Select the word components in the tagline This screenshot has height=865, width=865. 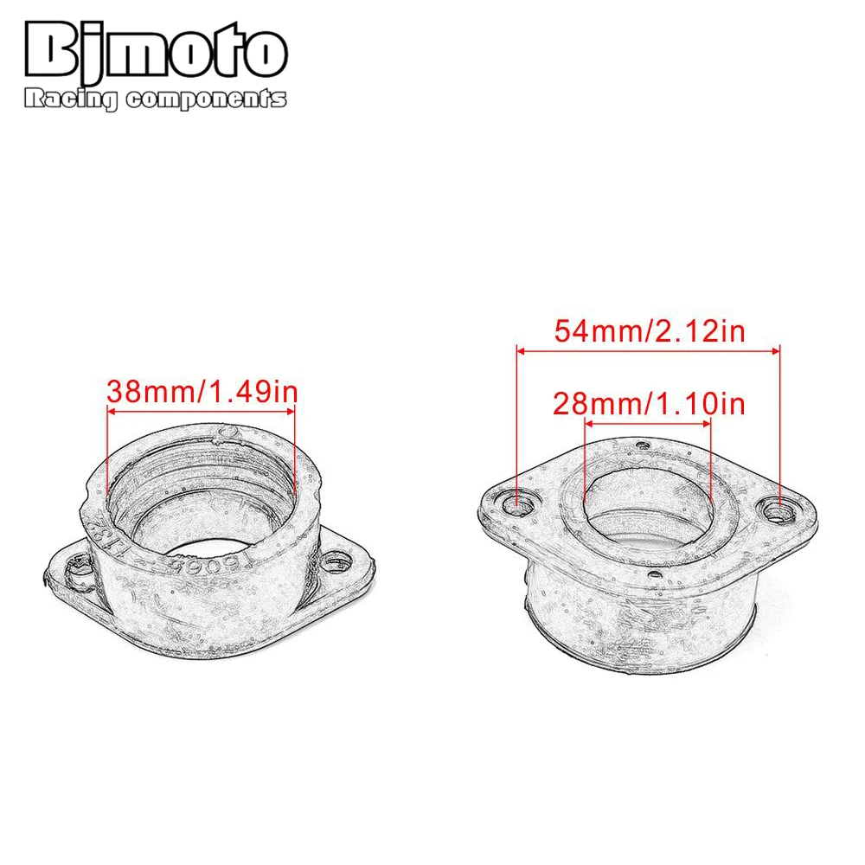click(x=205, y=101)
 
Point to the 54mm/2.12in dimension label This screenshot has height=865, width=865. click(x=648, y=331)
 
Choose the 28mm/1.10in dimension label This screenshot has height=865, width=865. click(x=648, y=404)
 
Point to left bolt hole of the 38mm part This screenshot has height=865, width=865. click(x=72, y=570)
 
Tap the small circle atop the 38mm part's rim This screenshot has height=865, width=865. click(x=227, y=431)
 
